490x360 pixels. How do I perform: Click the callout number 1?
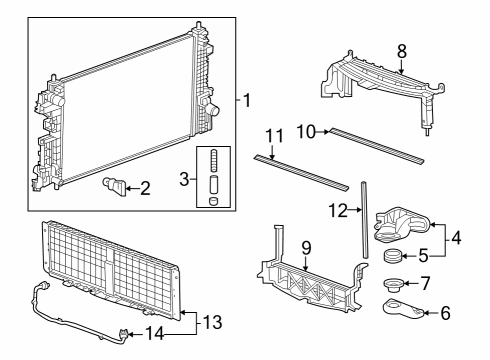247,100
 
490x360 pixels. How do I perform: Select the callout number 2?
145,186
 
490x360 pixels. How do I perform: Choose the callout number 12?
338,210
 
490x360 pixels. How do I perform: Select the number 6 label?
446,313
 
